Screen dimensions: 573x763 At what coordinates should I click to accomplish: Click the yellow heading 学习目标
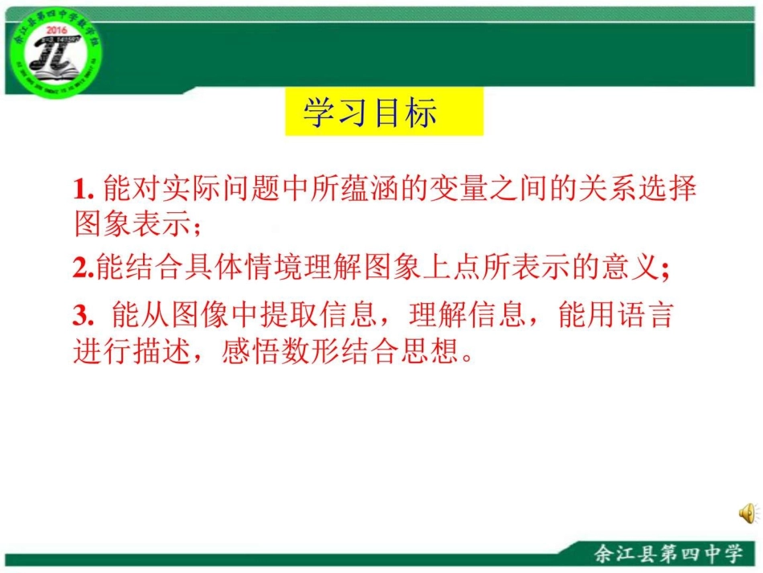(x=369, y=113)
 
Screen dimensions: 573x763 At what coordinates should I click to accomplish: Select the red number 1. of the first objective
(x=84, y=190)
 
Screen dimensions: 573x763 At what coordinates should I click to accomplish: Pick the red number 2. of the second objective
(x=84, y=268)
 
